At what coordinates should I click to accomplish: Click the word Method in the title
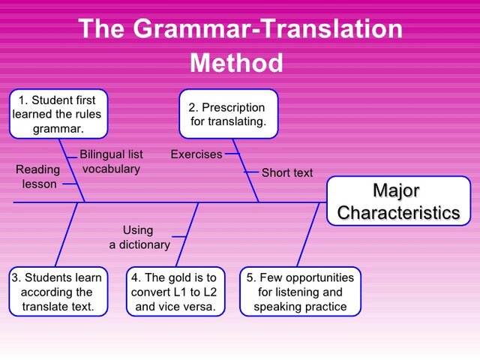[236, 62]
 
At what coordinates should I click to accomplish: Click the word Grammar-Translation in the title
[268, 28]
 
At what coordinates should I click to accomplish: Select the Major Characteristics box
[397, 202]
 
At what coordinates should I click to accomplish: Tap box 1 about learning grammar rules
[58, 114]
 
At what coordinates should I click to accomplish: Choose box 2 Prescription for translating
[228, 114]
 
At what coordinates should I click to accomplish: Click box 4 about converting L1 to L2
[175, 292]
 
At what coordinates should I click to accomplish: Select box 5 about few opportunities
[300, 292]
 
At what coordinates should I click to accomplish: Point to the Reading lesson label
[38, 177]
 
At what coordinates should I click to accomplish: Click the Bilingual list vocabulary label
[111, 161]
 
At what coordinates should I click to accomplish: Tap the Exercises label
[196, 154]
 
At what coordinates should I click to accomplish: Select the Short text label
[286, 172]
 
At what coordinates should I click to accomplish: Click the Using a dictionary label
[139, 237]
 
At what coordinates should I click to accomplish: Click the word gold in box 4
[184, 277]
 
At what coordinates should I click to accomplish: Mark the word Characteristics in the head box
[397, 212]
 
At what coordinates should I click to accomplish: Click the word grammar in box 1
[58, 128]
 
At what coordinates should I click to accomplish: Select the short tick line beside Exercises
[232, 154]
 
